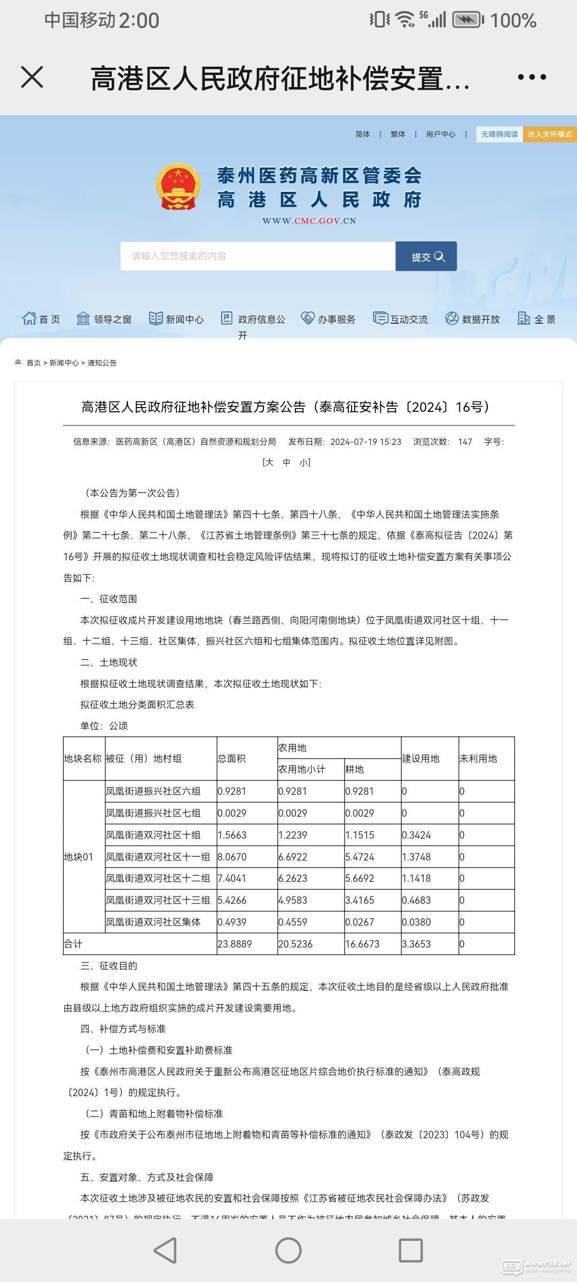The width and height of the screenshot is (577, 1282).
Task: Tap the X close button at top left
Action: click(32, 77)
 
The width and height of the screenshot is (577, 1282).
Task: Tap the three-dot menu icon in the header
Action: click(532, 77)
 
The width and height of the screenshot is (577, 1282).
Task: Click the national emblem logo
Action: click(178, 187)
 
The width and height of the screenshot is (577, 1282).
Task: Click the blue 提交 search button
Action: click(426, 256)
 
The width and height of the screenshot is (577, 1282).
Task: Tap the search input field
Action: click(258, 256)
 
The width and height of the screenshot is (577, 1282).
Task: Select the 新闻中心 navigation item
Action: click(177, 319)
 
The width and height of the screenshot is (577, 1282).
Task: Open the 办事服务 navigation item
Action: click(329, 319)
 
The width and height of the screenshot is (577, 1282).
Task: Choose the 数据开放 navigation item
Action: click(473, 319)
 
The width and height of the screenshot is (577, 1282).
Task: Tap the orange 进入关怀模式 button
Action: click(549, 134)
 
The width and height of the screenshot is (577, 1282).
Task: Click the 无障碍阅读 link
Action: click(499, 134)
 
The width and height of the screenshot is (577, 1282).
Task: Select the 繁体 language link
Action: click(398, 134)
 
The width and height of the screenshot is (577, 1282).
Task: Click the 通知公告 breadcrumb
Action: click(102, 363)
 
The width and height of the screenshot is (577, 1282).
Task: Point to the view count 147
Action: click(465, 442)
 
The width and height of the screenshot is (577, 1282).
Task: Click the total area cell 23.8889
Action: click(235, 944)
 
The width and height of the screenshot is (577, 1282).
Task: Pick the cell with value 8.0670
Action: click(232, 857)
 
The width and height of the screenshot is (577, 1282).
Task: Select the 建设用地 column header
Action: click(421, 759)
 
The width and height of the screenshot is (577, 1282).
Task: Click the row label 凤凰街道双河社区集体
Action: click(153, 922)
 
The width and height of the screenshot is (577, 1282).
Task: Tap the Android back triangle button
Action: click(165, 1250)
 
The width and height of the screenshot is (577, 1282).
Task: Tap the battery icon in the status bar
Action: click(468, 20)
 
